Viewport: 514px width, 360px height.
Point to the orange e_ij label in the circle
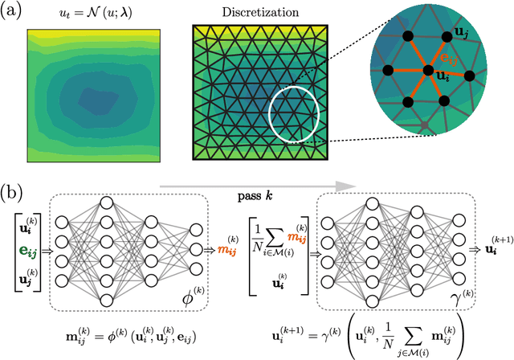click(x=446, y=59)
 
